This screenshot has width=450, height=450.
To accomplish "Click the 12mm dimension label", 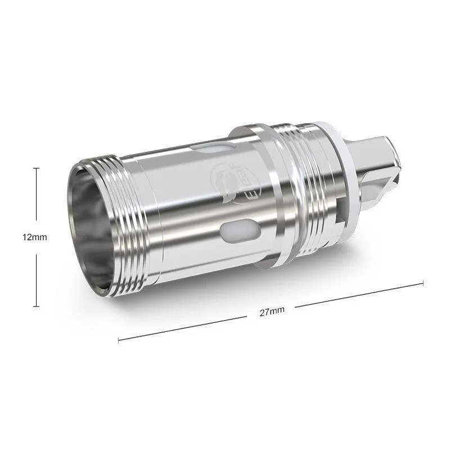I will pos(35,237).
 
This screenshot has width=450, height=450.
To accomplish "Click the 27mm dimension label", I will pos(271,312).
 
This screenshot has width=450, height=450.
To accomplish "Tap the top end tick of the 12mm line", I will pos(37,168).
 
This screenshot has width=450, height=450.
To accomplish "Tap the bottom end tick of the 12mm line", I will pos(37,307).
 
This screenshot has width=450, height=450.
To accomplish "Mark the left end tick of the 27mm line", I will pos(119,340).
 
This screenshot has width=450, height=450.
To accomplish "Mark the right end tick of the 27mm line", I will pos(422,283).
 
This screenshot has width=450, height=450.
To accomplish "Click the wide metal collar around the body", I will pos(276,197).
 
